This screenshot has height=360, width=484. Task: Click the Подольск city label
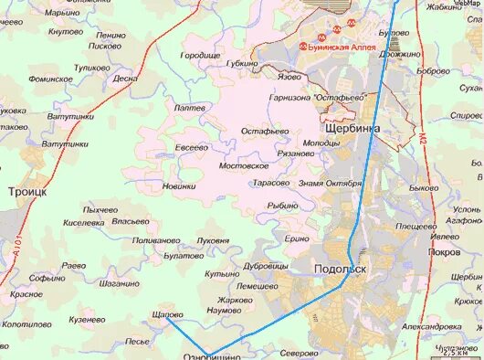coord(340,270)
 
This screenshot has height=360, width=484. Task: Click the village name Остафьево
coord(265,132)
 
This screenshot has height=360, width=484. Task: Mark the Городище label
coord(200,55)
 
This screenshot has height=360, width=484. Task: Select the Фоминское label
coord(50,79)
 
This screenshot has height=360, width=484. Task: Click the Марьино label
coord(62,13)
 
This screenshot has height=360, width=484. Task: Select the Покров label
coord(443,251)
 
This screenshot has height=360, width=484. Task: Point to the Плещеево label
coord(416,225)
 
